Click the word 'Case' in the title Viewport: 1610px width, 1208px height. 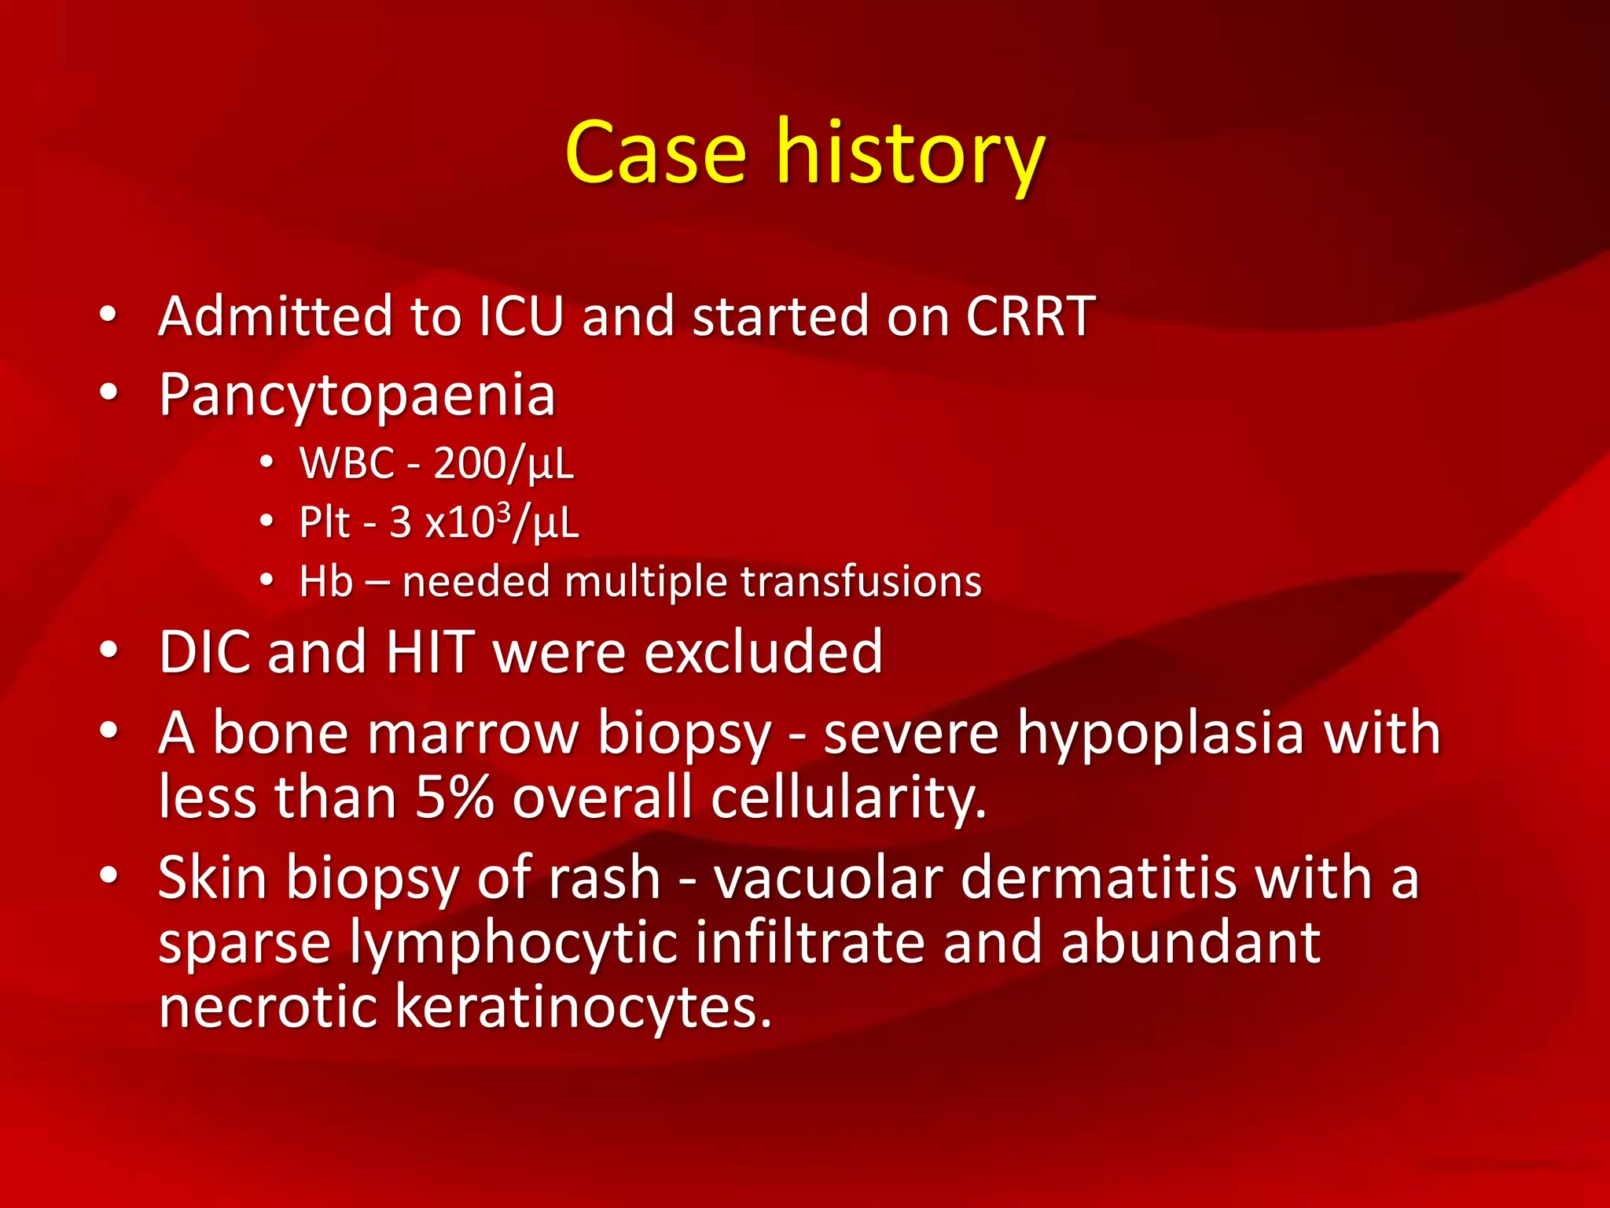pos(655,153)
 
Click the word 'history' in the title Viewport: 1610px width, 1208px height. pos(910,153)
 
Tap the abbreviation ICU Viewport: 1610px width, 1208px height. pos(521,316)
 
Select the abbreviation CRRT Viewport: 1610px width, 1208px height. pos(1030,316)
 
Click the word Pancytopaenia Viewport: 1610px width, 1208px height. pos(357,395)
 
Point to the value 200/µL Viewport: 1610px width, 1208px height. pos(503,463)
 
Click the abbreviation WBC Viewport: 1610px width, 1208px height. pos(347,463)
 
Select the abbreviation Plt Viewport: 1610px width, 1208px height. pos(324,522)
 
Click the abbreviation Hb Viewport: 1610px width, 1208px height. pos(325,582)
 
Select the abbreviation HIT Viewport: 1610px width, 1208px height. pos(430,652)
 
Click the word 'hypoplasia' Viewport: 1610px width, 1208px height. pos(1160,733)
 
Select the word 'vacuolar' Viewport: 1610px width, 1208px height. pos(828,878)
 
